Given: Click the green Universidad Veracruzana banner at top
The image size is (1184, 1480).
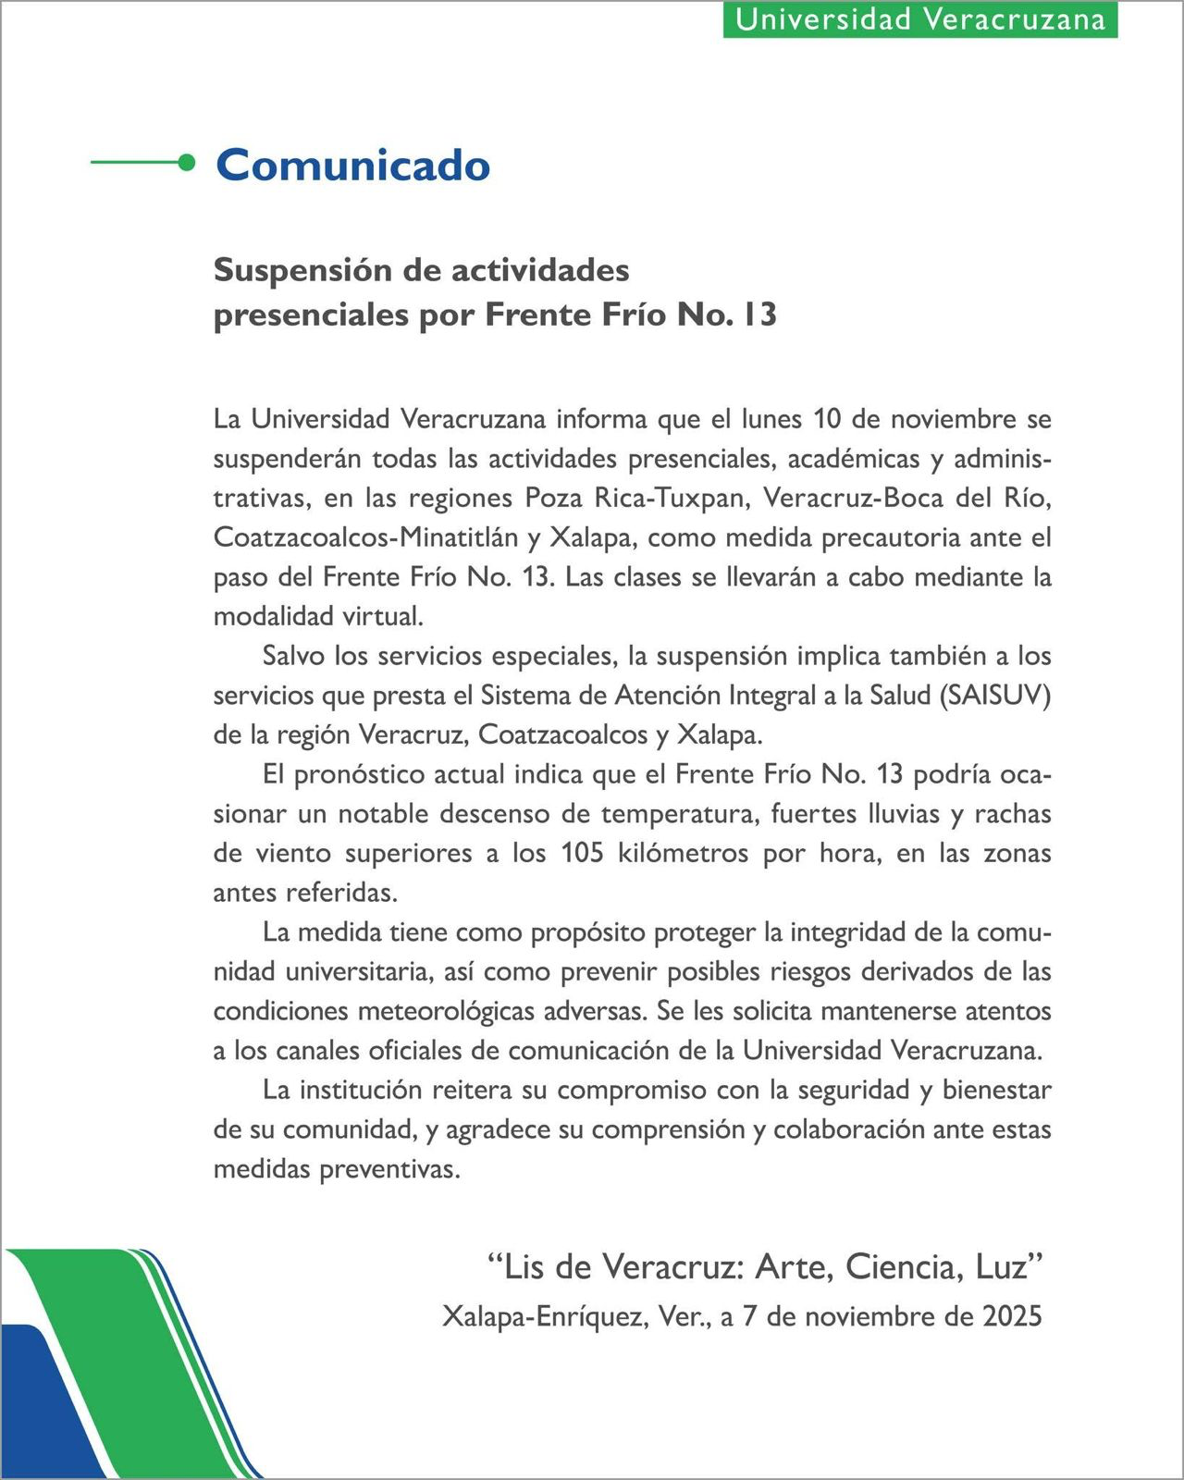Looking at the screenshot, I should coord(920,19).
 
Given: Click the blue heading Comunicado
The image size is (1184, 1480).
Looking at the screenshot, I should coord(352,165).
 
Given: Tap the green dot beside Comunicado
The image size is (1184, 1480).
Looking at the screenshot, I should coord(187,163).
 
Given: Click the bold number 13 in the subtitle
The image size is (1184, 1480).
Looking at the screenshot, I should coord(758,314).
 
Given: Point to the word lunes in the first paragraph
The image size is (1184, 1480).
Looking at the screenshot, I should coord(771,419).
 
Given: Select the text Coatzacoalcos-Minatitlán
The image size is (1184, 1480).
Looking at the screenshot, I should coord(365,537).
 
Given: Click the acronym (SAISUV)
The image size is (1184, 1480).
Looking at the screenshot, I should coord(994,695).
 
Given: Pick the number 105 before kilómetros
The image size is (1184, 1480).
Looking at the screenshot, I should coord(583,853).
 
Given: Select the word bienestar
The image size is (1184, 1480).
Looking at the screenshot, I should coord(996,1090).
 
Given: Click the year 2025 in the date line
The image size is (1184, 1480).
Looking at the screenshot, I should coord(1012,1315).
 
